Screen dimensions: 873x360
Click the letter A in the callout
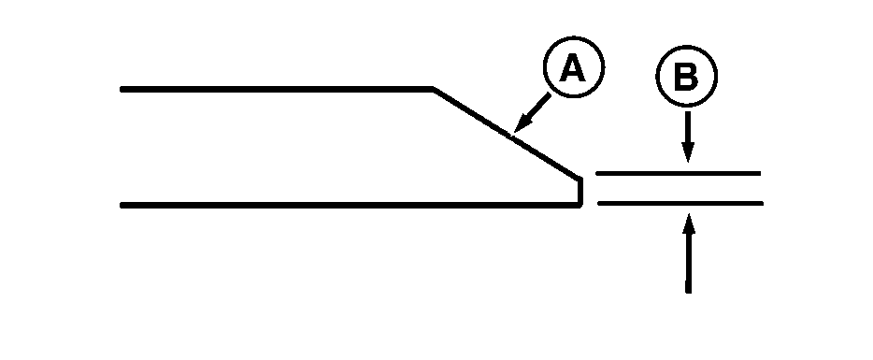click(x=574, y=70)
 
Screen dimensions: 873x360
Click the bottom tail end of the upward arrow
click(x=688, y=292)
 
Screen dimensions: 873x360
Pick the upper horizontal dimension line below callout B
click(x=678, y=174)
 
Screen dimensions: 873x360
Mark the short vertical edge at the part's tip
click(x=581, y=191)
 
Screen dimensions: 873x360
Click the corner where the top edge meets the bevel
click(x=433, y=89)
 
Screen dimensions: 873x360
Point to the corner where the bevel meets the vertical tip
click(x=580, y=178)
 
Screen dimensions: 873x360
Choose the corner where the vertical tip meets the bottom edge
click(x=581, y=204)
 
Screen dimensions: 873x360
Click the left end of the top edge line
click(x=122, y=89)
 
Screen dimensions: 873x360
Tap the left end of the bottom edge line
click(x=122, y=204)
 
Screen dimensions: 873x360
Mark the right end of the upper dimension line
click(x=759, y=174)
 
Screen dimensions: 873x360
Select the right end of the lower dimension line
click(x=762, y=203)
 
